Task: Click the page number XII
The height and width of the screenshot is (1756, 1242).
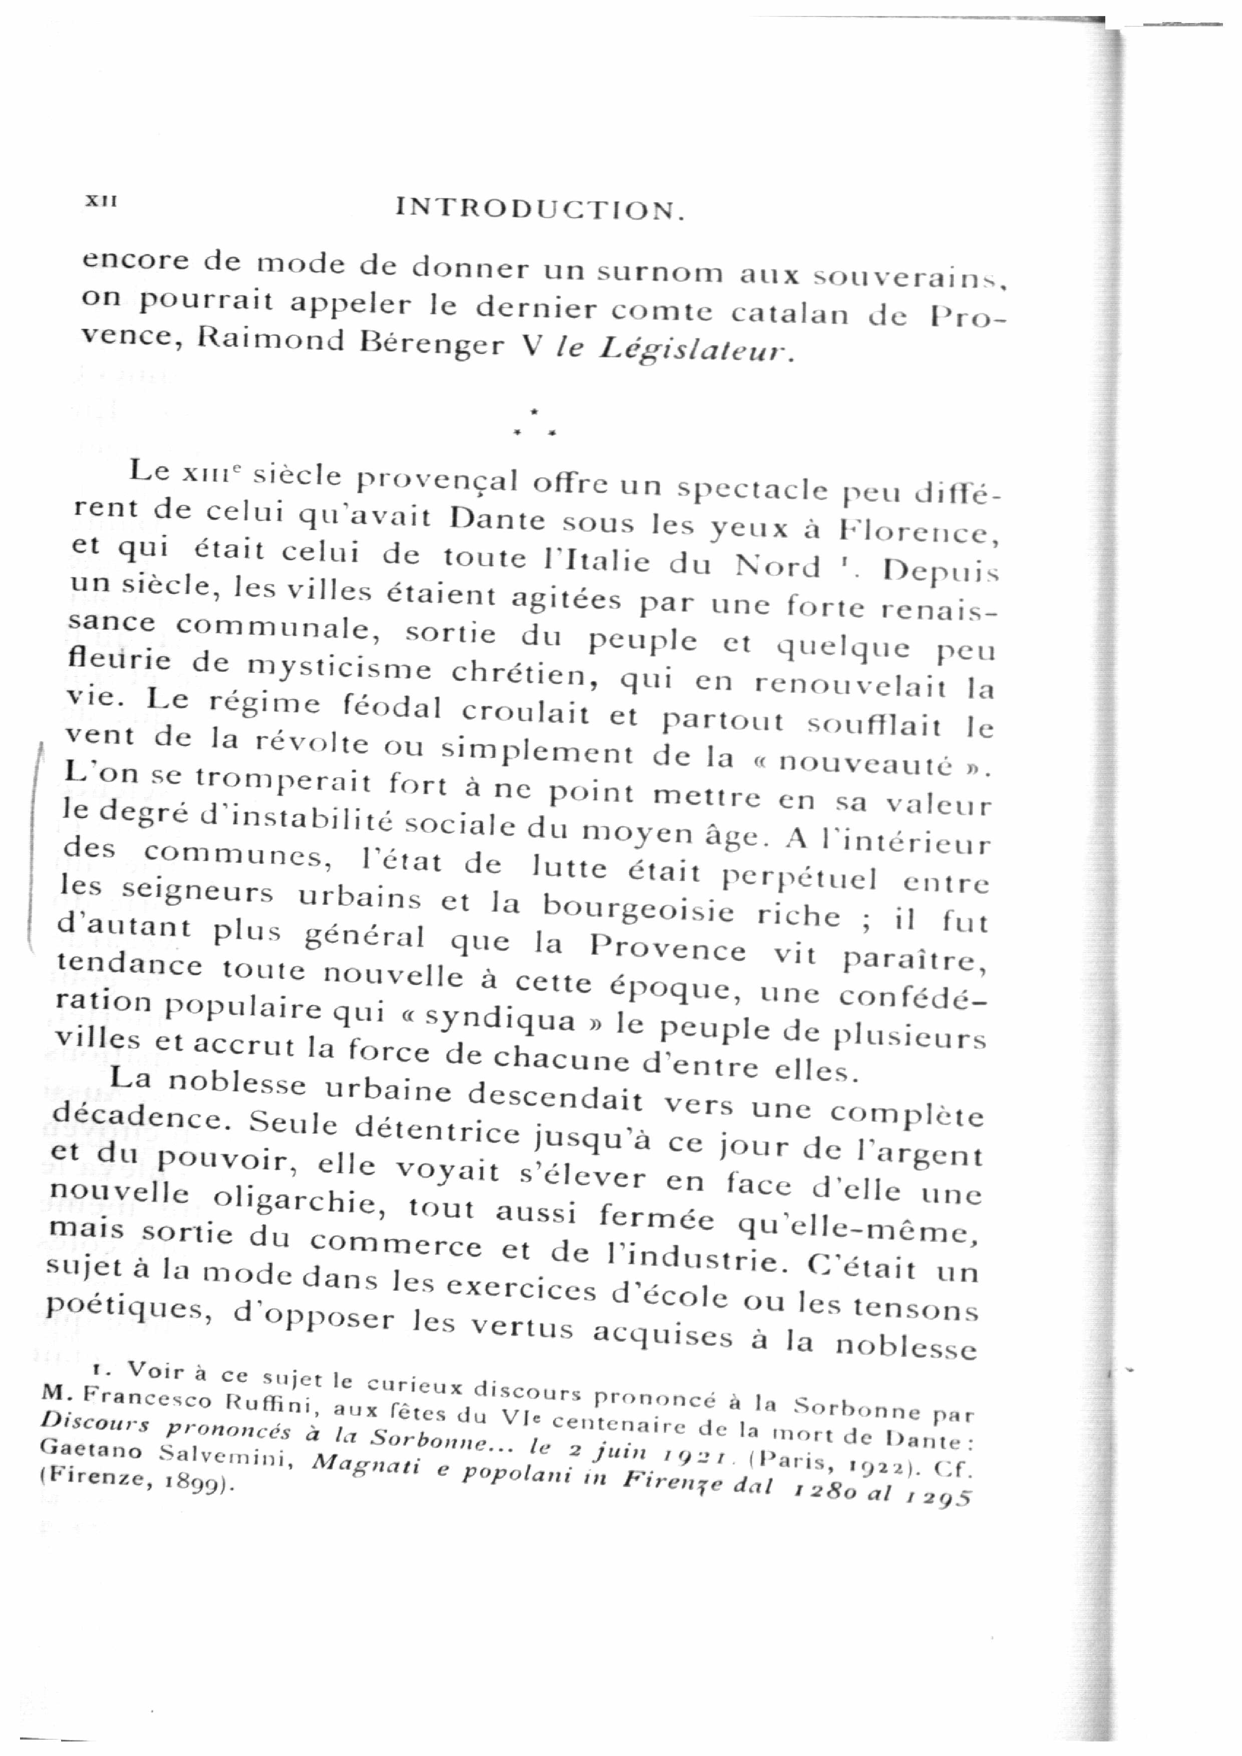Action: (x=100, y=200)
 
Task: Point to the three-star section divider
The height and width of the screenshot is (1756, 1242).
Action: (x=535, y=425)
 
